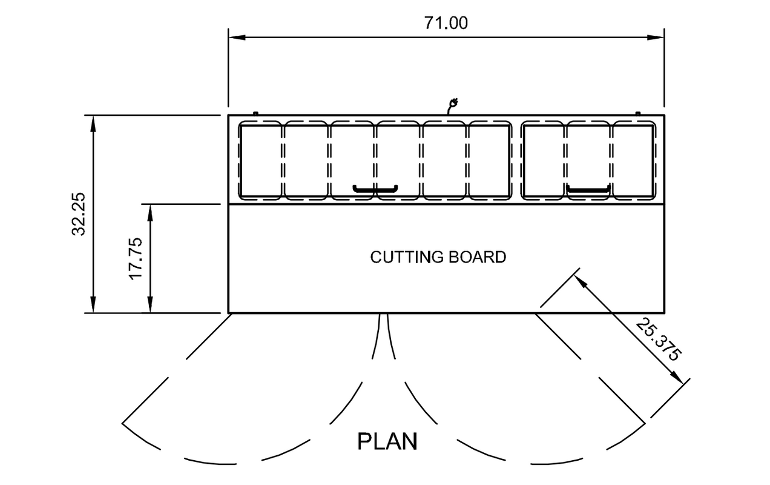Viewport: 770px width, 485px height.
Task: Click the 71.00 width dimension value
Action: point(446,23)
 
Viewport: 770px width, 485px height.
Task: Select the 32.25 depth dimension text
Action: point(81,213)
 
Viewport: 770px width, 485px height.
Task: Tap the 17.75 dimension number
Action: point(136,258)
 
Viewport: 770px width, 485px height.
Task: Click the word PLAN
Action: point(387,441)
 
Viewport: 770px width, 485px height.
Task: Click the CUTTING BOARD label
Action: point(438,257)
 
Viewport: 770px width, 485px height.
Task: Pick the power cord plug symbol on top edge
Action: point(451,105)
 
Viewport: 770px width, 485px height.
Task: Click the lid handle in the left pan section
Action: point(375,189)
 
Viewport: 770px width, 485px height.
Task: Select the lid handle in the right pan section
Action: point(588,190)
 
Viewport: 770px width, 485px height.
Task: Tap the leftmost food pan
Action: point(261,161)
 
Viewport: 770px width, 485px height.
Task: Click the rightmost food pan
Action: point(634,161)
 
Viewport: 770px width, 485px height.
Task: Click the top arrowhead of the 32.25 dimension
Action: point(93,121)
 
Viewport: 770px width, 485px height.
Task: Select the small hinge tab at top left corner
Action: point(255,113)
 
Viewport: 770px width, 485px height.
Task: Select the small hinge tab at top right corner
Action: point(637,113)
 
